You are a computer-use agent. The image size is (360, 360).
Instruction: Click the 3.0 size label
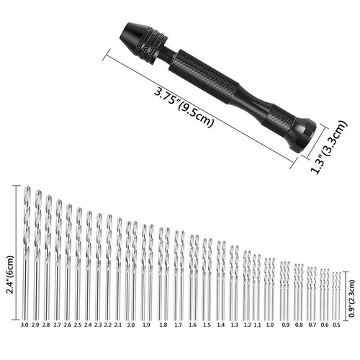[25, 325]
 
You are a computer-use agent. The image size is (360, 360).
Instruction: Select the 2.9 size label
[37, 325]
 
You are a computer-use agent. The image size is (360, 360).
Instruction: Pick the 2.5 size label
[78, 325]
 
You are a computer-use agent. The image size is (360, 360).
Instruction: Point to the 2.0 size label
[130, 325]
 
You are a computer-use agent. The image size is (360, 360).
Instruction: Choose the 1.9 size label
[146, 325]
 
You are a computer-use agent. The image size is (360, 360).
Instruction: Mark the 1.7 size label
[178, 325]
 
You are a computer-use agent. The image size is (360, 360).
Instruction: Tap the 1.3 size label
[234, 325]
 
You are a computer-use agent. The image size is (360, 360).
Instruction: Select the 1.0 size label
[269, 325]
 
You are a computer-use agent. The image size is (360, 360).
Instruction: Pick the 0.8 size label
[299, 325]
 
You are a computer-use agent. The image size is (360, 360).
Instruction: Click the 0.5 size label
[336, 325]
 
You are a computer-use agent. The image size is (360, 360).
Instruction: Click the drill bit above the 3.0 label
[27, 252]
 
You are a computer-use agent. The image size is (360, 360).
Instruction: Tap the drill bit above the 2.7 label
[59, 259]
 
